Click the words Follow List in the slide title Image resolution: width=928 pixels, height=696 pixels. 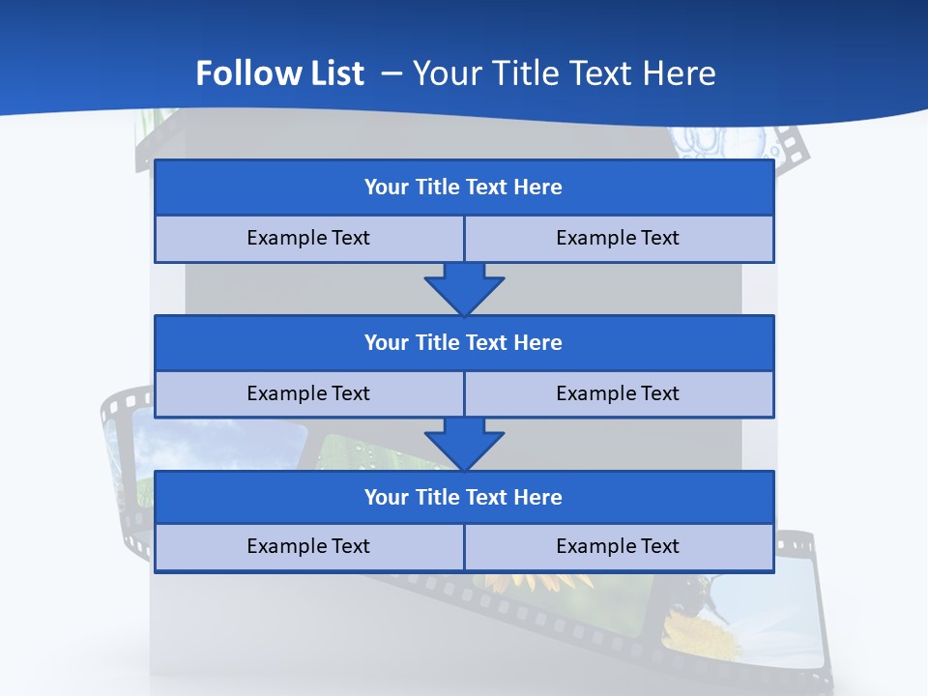coord(279,73)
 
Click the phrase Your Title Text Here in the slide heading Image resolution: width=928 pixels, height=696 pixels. coord(564,73)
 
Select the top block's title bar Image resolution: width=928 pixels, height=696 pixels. coord(464,188)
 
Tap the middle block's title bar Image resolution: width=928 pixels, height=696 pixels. coord(464,343)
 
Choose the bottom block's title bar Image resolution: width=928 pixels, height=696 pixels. coord(464,498)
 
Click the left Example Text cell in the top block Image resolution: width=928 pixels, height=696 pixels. coord(308,239)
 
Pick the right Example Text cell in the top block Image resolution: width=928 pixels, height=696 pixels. coord(618,239)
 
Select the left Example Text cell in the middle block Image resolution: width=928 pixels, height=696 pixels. coord(308,394)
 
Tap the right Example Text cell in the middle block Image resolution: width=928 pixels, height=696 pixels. coord(618,394)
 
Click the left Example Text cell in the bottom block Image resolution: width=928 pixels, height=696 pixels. coord(308,547)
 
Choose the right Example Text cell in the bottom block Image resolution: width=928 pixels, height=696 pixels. coord(618,547)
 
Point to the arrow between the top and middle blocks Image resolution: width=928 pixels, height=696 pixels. coord(464,288)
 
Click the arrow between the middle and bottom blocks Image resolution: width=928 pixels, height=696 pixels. coord(464,444)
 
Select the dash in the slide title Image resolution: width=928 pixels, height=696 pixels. coord(391,73)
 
